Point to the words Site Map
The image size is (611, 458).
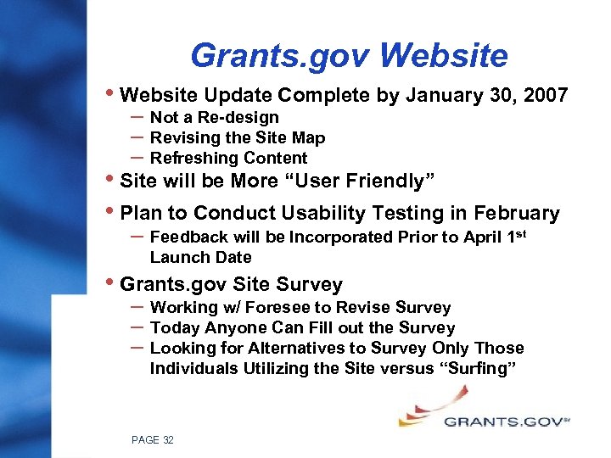pyautogui.click(x=294, y=137)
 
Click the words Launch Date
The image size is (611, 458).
pyautogui.click(x=200, y=257)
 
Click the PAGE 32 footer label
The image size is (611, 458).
pyautogui.click(x=153, y=439)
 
